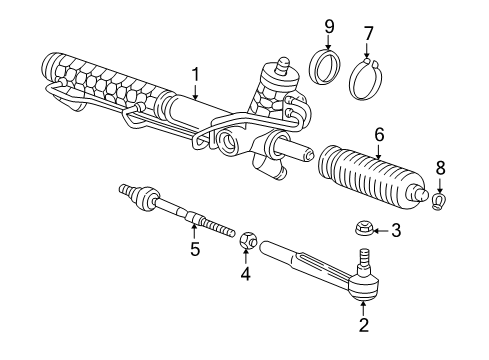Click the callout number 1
(x=195, y=75)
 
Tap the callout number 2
(x=363, y=325)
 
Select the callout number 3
(x=396, y=230)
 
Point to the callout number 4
(x=245, y=274)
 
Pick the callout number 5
(x=195, y=249)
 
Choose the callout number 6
(x=379, y=135)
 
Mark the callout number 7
(x=368, y=33)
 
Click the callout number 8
(x=440, y=168)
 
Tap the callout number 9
(x=329, y=27)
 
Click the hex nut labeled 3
(x=362, y=230)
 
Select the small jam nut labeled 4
(x=248, y=240)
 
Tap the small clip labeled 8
(x=439, y=201)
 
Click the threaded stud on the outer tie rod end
(x=363, y=257)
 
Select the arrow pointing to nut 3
(x=381, y=230)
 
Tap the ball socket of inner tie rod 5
(x=146, y=198)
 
